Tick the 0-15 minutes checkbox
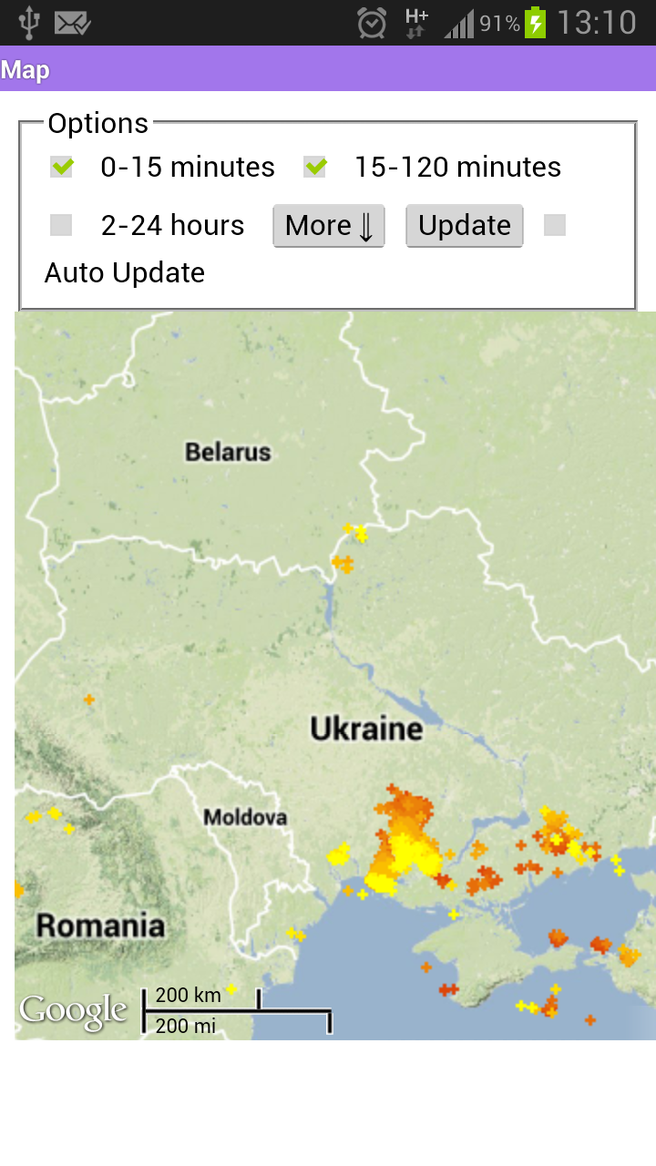pos(62,167)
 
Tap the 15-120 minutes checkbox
pos(315,167)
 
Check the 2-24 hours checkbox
pos(61,225)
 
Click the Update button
pos(465,225)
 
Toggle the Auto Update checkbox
pos(554,225)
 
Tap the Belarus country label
pos(228,452)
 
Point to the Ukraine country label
pos(366,729)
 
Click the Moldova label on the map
pos(245,817)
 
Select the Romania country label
pos(100,926)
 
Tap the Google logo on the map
pos(74,1011)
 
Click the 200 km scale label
pos(189,995)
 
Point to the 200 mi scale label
pos(186,1027)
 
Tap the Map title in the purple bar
pos(26,70)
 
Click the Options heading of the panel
pos(97,123)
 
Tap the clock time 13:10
pos(597,23)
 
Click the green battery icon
pos(536,23)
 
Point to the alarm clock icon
pos(372,23)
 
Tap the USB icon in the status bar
pos(29,23)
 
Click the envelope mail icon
pos(72,23)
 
